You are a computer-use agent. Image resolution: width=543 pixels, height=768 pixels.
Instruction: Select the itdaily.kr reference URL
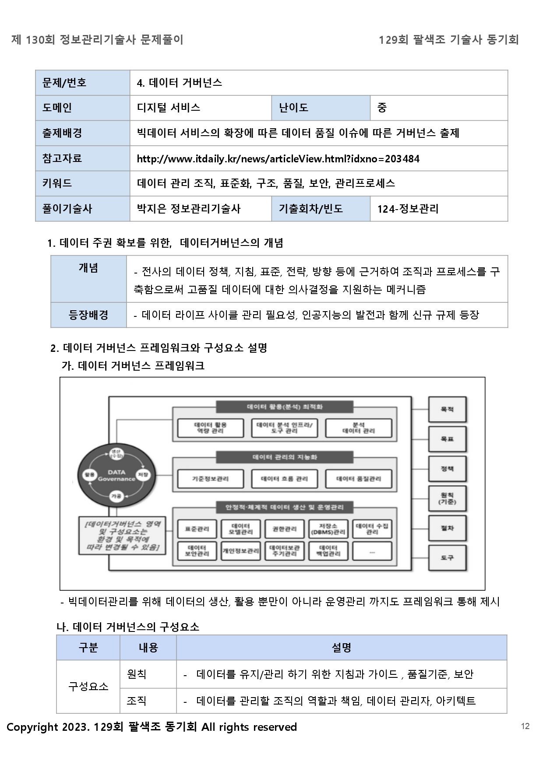pos(278,158)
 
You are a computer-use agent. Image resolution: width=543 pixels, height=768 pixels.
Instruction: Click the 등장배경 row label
pos(88,315)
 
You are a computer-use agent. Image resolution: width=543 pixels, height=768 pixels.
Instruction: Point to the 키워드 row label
pos(57,183)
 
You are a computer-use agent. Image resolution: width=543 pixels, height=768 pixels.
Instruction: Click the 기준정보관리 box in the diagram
pos(210,478)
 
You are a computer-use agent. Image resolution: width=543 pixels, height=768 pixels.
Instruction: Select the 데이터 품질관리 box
pos(358,478)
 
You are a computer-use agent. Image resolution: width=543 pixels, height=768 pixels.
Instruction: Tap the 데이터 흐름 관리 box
pos(284,478)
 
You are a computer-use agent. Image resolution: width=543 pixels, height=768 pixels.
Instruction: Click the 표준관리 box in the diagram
pos(197,529)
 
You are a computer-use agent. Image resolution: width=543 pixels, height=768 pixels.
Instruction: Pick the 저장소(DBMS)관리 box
pos(328,529)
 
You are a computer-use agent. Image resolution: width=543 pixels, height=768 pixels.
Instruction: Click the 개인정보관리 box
pos(240,551)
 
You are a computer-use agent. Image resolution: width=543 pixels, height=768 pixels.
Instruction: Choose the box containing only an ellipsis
pos(372,551)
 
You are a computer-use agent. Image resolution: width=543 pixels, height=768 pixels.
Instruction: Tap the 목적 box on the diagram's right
pos(447,409)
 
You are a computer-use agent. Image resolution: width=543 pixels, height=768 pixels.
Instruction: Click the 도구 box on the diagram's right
pos(447,558)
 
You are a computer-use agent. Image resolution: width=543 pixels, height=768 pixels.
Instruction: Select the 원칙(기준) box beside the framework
pos(447,498)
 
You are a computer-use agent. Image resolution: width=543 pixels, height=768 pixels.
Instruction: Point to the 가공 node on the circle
pos(116,496)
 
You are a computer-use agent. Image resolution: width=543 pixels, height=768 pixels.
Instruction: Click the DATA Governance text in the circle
pos(116,475)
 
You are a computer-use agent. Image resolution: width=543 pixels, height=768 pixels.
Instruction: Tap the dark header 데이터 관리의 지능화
pos(285,457)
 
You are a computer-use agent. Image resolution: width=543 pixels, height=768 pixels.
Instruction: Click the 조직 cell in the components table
pos(137,701)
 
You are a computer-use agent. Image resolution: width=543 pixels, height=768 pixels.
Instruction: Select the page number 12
pos(525,726)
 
